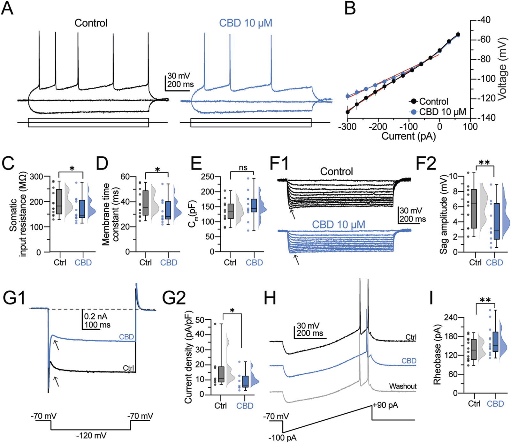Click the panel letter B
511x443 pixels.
[x=350, y=9]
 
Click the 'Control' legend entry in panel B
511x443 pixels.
[x=433, y=101]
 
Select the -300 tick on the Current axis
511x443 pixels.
[x=347, y=127]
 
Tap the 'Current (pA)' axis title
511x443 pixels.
[x=408, y=137]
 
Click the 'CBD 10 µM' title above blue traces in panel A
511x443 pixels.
[x=246, y=23]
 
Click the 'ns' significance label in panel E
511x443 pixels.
[x=243, y=168]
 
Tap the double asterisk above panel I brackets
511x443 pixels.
[x=485, y=300]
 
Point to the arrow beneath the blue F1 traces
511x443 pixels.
[x=297, y=259]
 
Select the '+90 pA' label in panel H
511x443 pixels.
[x=385, y=405]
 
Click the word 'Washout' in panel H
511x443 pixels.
[x=403, y=386]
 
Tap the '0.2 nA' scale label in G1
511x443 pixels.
[x=95, y=317]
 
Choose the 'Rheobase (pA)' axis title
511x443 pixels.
[x=437, y=355]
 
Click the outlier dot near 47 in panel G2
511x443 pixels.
[x=215, y=324]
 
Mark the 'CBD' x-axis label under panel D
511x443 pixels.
[x=169, y=263]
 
